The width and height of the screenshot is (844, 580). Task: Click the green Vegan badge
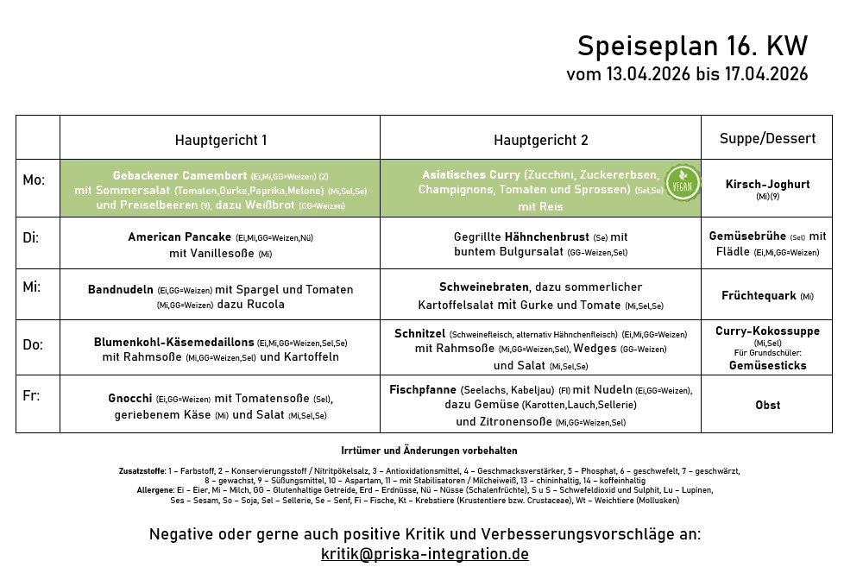(x=682, y=185)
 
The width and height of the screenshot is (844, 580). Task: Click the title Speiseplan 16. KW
(x=692, y=46)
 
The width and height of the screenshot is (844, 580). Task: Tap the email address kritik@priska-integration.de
(x=425, y=554)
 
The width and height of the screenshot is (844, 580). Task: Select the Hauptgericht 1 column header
(x=220, y=140)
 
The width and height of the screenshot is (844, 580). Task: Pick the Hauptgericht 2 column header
(x=541, y=140)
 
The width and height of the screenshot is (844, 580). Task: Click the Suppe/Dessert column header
(x=766, y=138)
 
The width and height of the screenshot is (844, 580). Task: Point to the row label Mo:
(x=34, y=180)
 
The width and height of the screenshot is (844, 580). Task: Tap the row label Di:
(x=31, y=237)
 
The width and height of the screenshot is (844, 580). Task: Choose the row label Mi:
(x=32, y=287)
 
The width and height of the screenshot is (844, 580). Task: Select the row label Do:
(x=33, y=344)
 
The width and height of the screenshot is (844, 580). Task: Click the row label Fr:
(x=31, y=396)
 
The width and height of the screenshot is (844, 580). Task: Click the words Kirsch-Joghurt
(x=767, y=184)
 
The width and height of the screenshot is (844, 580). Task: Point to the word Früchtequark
(x=759, y=296)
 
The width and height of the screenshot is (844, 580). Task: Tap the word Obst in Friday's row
(x=767, y=405)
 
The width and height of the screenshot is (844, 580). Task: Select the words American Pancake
(x=180, y=236)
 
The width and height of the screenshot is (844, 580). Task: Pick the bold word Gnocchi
(x=130, y=399)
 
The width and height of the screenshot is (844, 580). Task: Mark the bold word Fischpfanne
(x=423, y=389)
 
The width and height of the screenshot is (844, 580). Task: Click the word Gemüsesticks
(x=767, y=365)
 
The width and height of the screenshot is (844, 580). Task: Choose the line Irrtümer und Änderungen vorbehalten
(x=429, y=451)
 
